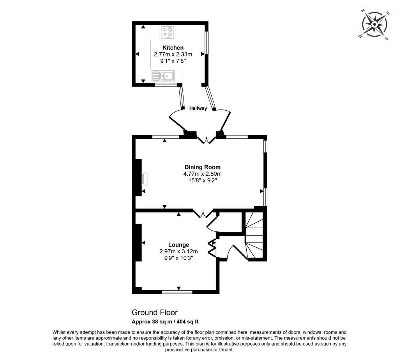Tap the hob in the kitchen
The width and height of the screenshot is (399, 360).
pyautogui.click(x=168, y=32)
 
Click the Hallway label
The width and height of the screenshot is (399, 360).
pyautogui.click(x=198, y=109)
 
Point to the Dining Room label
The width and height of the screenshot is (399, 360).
pyautogui.click(x=200, y=167)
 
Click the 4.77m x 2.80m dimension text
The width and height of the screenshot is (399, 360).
pyautogui.click(x=200, y=174)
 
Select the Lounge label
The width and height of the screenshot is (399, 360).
pyautogui.click(x=178, y=245)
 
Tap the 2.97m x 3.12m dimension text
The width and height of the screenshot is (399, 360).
pyautogui.click(x=178, y=252)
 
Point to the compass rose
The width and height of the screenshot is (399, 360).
pyautogui.click(x=374, y=25)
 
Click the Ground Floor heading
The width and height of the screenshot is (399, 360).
pyautogui.click(x=155, y=312)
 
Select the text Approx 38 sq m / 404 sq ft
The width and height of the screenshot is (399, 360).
pyautogui.click(x=165, y=322)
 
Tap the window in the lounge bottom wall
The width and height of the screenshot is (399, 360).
pyautogui.click(x=177, y=291)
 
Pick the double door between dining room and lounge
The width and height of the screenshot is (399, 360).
pyautogui.click(x=203, y=213)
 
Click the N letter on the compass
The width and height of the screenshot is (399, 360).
pyautogui.click(x=363, y=11)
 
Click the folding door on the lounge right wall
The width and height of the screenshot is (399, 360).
pyautogui.click(x=213, y=248)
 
